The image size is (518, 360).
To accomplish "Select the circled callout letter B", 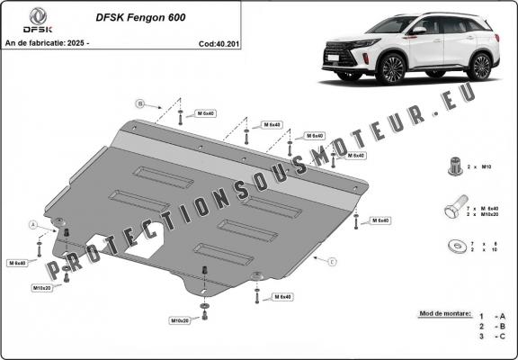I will point(141,102).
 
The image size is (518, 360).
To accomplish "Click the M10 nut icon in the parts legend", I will point(451,165).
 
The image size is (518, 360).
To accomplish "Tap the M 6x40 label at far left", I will point(18,263).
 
